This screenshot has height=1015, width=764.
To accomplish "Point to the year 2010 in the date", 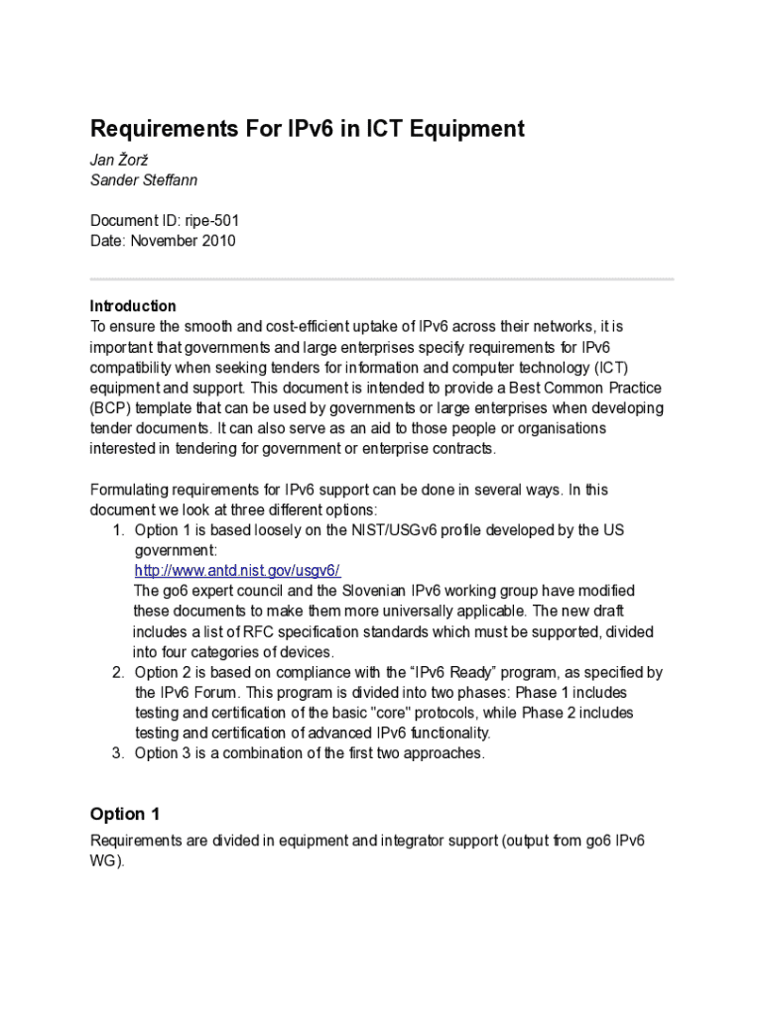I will tap(219, 241).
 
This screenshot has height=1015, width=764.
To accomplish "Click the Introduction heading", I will tap(133, 305).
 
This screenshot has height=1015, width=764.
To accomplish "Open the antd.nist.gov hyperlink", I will tap(237, 570).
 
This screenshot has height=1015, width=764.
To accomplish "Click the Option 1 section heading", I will tap(125, 814).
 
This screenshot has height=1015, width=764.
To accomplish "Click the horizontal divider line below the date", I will tap(382, 279).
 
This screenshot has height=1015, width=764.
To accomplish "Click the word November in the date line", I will tap(165, 241).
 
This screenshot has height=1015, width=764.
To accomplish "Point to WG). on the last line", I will tap(107, 861).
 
